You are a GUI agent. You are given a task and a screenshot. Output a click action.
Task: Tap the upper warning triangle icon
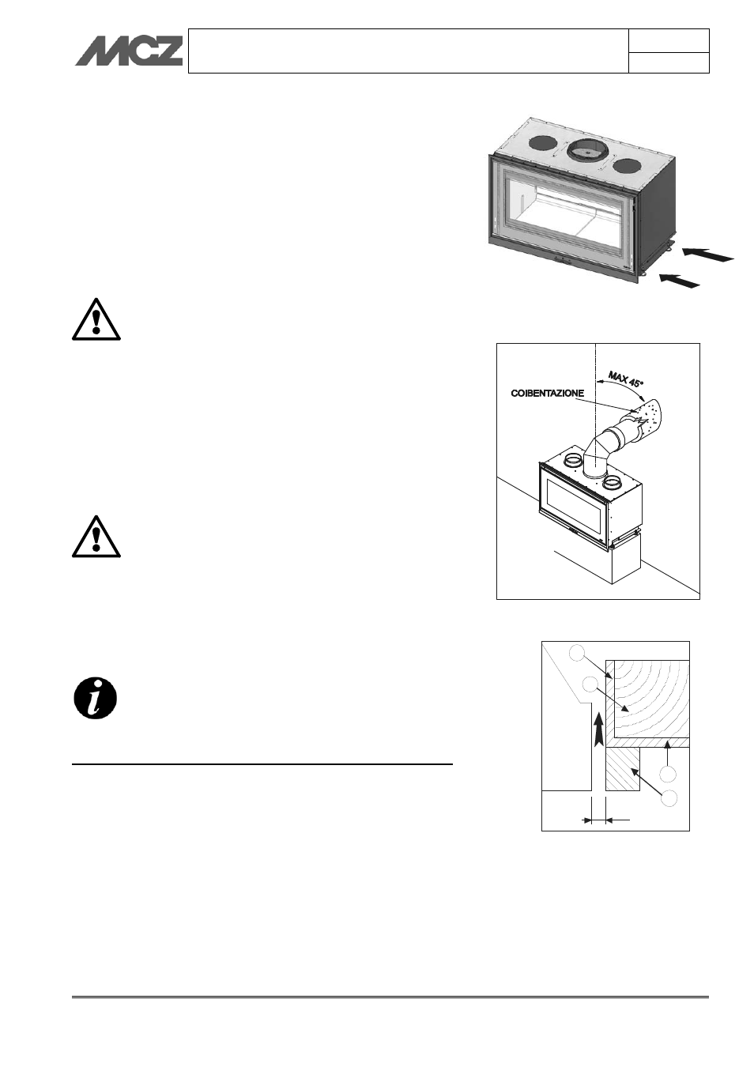pyautogui.click(x=96, y=320)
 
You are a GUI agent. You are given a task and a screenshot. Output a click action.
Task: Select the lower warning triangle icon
pyautogui.click(x=96, y=537)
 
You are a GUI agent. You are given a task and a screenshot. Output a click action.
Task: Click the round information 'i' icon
pyautogui.click(x=95, y=698)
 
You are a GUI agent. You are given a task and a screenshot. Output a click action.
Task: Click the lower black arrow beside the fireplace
pyautogui.click(x=680, y=279)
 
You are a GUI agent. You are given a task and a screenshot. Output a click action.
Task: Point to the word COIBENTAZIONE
pyautogui.click(x=547, y=393)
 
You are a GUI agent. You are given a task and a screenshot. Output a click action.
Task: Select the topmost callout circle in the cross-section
pyautogui.click(x=577, y=653)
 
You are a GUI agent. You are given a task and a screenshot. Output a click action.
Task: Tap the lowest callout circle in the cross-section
pyautogui.click(x=669, y=797)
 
